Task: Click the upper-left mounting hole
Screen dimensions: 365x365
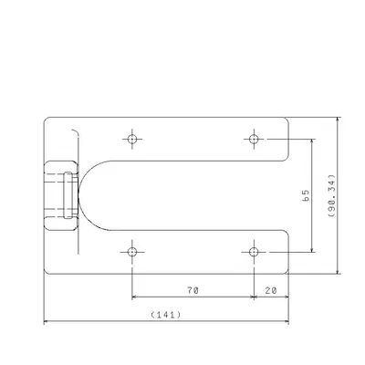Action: (132, 139)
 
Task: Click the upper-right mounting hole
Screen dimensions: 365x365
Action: (255, 139)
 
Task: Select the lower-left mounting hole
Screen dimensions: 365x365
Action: (132, 251)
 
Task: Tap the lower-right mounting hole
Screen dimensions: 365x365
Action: (255, 251)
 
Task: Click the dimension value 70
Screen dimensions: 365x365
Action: (193, 290)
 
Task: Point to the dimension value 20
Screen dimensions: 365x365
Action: (272, 290)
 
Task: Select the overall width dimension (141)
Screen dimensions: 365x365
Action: (167, 315)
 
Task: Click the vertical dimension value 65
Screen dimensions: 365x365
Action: (306, 195)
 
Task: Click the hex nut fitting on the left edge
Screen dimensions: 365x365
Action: (57, 194)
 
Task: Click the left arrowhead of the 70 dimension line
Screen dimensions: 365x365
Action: (135, 297)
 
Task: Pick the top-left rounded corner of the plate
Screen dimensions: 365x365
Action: (47, 120)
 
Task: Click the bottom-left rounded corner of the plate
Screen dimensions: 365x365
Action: (47, 271)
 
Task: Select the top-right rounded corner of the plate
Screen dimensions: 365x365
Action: (287, 120)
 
